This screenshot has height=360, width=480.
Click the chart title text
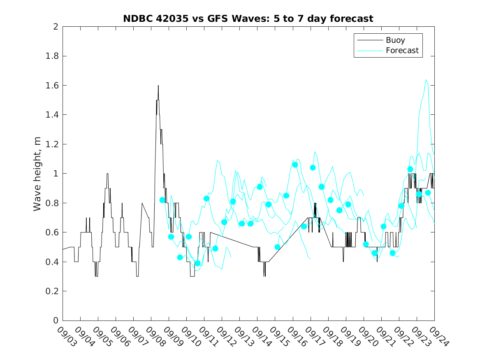pos(248,19)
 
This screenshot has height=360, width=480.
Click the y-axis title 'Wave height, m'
pos(37,174)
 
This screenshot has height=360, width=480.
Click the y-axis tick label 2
pos(55,27)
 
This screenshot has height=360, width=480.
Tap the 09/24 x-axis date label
pos(437,337)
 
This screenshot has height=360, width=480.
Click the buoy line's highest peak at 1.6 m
pos(158,86)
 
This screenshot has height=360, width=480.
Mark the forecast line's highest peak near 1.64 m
pos(426,80)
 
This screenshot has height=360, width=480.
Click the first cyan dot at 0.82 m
pos(162,200)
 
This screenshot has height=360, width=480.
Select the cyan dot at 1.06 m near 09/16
pos(295,165)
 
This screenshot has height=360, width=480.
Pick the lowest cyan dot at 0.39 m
pos(197,263)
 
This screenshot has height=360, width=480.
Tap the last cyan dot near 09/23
pos(428,193)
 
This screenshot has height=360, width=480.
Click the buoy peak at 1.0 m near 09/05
pos(107,174)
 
